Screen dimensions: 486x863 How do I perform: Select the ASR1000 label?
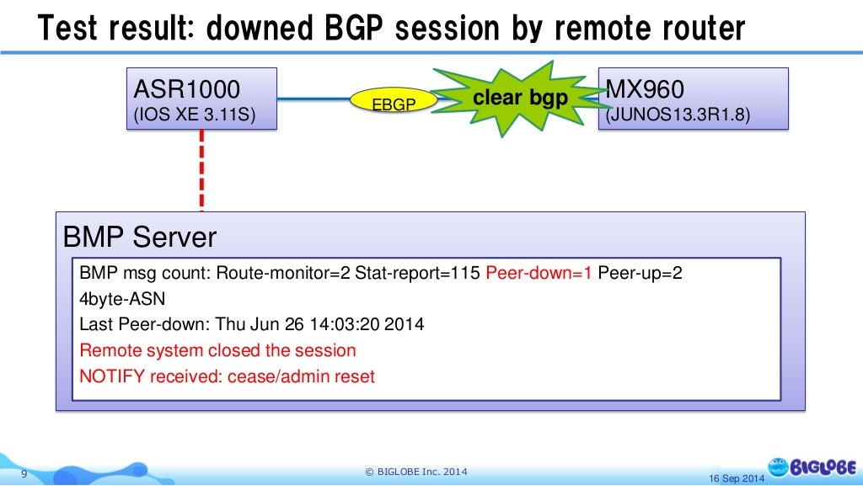click(187, 89)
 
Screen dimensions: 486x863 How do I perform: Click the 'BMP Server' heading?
click(140, 238)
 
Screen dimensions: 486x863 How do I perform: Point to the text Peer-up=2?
click(640, 274)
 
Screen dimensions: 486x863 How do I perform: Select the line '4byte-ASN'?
click(122, 299)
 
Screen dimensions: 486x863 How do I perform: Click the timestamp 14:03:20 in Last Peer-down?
click(346, 324)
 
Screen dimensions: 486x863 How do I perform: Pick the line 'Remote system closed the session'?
click(217, 350)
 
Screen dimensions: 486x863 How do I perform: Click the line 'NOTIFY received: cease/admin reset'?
click(227, 376)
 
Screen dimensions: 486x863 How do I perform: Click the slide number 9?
click(24, 474)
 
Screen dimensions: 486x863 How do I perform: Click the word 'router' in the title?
click(692, 29)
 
